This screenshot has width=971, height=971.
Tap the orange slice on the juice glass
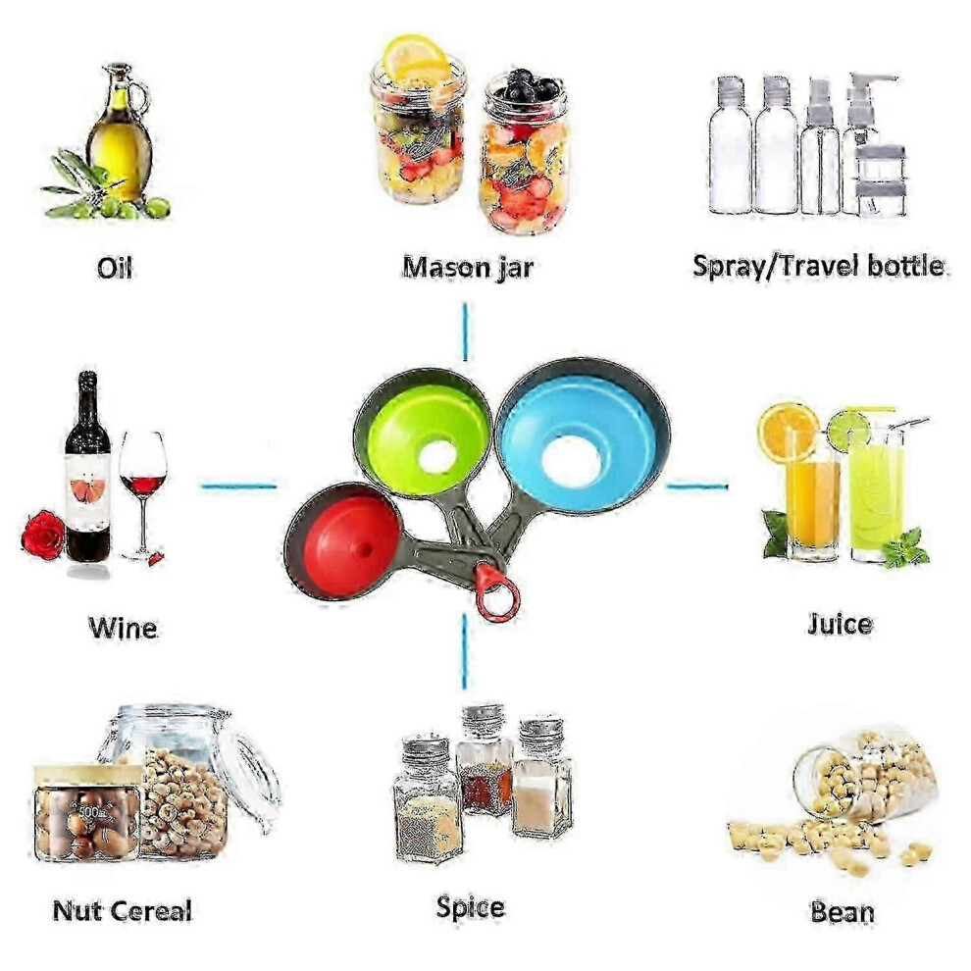pos(788,432)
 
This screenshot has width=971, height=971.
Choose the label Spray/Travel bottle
pos(819,266)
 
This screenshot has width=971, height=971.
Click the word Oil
pos(115,268)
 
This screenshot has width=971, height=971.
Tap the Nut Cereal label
pos(122,910)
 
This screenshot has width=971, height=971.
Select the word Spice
pos(470,908)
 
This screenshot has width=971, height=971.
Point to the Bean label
pos(843,911)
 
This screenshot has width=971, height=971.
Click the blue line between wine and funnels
pos(238,486)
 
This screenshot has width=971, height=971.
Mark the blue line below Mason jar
pos(465,331)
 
